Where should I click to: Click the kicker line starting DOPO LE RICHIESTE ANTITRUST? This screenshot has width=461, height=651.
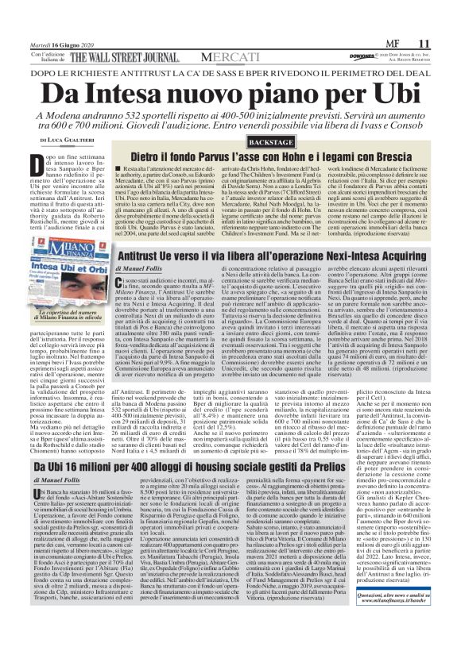click(230, 70)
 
